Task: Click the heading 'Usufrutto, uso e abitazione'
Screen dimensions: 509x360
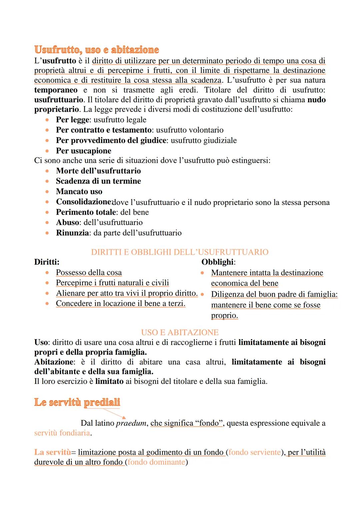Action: coord(96,50)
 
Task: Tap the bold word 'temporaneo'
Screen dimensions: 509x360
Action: coord(56,90)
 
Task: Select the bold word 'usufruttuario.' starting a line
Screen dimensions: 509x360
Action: coord(59,100)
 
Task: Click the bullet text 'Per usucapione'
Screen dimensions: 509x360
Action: coord(83,151)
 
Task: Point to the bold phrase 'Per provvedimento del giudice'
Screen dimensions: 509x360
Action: coord(111,140)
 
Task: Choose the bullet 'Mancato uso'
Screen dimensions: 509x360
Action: coord(79,191)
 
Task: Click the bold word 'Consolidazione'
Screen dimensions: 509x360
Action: coord(83,202)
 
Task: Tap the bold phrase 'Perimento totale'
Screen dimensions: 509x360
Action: coord(86,212)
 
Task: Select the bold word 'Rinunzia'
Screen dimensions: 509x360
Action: coord(72,233)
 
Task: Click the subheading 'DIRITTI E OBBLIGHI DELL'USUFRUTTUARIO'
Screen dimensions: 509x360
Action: coord(180,252)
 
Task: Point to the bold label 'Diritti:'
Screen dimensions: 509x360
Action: coord(47,262)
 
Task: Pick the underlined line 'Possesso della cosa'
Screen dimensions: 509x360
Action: coord(89,273)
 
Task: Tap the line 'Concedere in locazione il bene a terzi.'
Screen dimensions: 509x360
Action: coord(120,304)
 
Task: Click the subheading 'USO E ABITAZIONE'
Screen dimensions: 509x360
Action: coord(180,332)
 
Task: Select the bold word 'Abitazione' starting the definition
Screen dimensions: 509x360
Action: coord(54,362)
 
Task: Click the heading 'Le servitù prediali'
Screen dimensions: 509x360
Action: coord(77,402)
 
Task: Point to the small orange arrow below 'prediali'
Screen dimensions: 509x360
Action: coord(115,413)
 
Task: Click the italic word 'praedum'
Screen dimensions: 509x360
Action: coord(131,423)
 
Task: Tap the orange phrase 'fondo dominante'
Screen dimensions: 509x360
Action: coord(156,462)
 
